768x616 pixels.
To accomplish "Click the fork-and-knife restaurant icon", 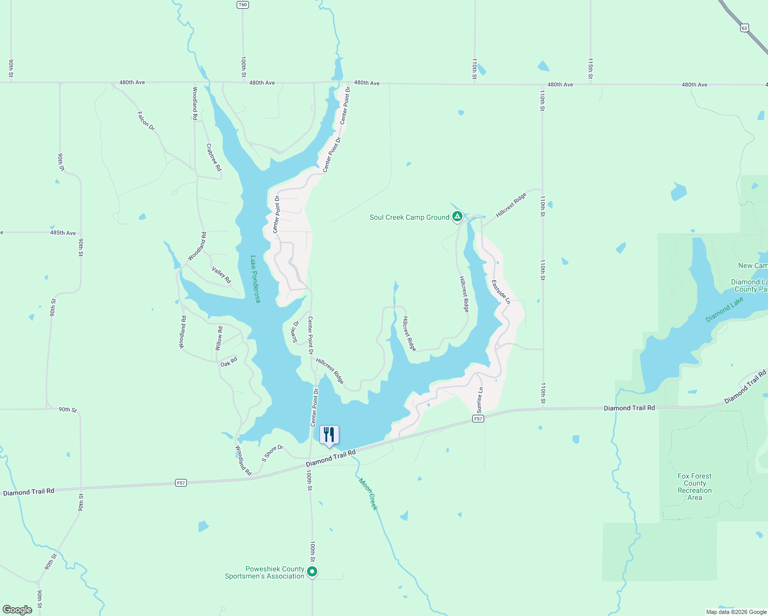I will click(x=329, y=435).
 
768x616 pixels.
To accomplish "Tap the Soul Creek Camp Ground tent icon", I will click(x=457, y=217).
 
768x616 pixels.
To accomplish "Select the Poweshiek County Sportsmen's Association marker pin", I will click(x=312, y=571).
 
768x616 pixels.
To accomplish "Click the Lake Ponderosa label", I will click(x=255, y=279).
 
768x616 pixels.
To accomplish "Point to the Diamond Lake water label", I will click(x=724, y=310).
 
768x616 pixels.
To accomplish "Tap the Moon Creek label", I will click(x=368, y=494).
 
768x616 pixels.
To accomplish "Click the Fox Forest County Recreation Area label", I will click(x=695, y=487).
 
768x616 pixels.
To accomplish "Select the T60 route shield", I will click(x=243, y=5).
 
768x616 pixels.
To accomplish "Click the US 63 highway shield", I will click(x=744, y=28).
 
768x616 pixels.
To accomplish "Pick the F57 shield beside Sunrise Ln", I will click(x=478, y=419).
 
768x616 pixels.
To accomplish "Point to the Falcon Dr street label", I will click(x=146, y=121).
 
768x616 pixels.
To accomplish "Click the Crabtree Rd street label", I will click(x=214, y=157).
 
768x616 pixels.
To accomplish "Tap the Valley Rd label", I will click(x=221, y=275).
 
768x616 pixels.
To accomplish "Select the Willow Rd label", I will click(x=219, y=338).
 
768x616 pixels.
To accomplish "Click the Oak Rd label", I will click(x=229, y=362).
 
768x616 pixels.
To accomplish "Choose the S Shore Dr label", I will click(x=272, y=453).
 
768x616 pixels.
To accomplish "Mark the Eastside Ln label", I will click(x=501, y=292).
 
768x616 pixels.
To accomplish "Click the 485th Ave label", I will click(x=63, y=233).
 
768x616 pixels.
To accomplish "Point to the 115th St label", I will click(x=590, y=68).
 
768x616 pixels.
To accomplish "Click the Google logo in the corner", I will click(x=17, y=609).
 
